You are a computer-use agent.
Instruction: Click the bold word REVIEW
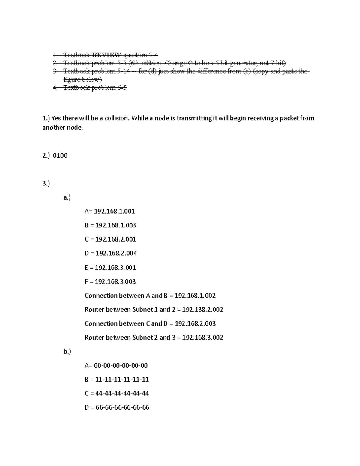point(106,55)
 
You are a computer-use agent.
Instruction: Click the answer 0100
point(60,155)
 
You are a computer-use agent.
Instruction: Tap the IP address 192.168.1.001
point(114,212)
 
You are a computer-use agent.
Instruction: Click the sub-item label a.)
point(67,197)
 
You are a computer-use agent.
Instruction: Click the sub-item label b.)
point(67,352)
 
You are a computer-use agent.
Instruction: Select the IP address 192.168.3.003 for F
point(115,282)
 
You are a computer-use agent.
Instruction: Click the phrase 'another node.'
point(62,128)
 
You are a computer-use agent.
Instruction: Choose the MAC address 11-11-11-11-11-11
point(122,380)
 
